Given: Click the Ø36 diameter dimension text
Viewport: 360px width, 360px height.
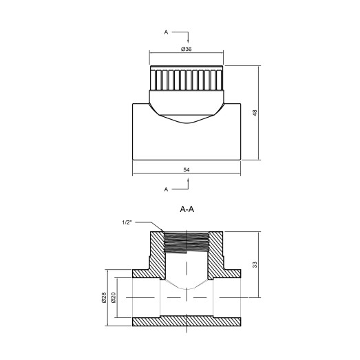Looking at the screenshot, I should pos(185,49).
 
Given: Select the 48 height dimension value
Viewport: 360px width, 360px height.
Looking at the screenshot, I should pos(255,113).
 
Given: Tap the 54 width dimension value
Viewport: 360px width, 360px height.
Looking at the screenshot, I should pos(186,168).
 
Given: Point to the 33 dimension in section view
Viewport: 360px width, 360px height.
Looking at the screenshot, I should pos(255,264).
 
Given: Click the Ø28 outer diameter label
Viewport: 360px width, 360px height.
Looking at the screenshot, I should pos(104,299).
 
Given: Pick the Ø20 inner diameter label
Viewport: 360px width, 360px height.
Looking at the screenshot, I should pos(113,299).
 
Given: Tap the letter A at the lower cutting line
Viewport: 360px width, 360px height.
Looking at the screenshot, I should pos(165,187).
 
